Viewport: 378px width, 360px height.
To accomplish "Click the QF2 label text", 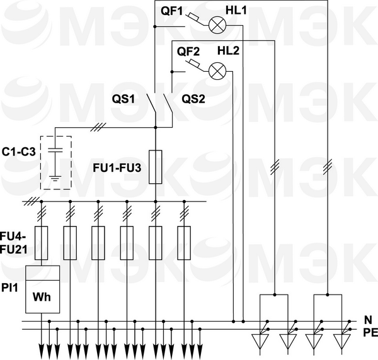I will click(x=188, y=52).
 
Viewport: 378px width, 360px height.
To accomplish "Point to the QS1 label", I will click(x=124, y=99).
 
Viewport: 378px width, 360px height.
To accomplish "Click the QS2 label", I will click(x=193, y=99).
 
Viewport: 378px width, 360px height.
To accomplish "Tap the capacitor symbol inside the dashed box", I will click(x=55, y=151).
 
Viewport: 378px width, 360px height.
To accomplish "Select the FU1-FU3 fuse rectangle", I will click(x=156, y=167).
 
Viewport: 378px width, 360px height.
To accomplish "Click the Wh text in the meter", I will click(x=42, y=296).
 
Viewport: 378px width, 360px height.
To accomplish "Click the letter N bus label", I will click(x=368, y=320).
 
